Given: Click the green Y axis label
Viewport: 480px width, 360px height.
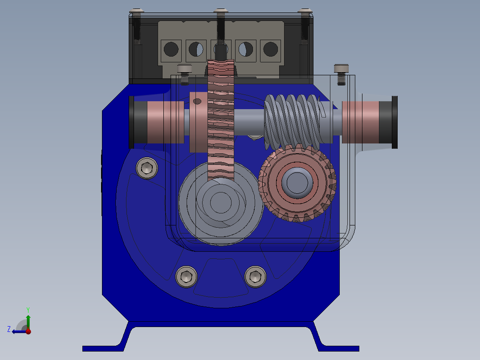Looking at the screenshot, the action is pos(28,310).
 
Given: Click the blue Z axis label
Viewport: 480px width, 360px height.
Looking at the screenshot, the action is pos(9,329).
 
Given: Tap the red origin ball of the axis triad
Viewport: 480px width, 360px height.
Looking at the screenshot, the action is pos(28,331).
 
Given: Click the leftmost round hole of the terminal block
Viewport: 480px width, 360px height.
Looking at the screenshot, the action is pos(171,49).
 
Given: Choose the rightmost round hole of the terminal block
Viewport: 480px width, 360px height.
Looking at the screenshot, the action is pos(271,49).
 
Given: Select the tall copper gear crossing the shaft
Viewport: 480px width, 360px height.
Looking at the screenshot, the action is pos(221,121).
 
